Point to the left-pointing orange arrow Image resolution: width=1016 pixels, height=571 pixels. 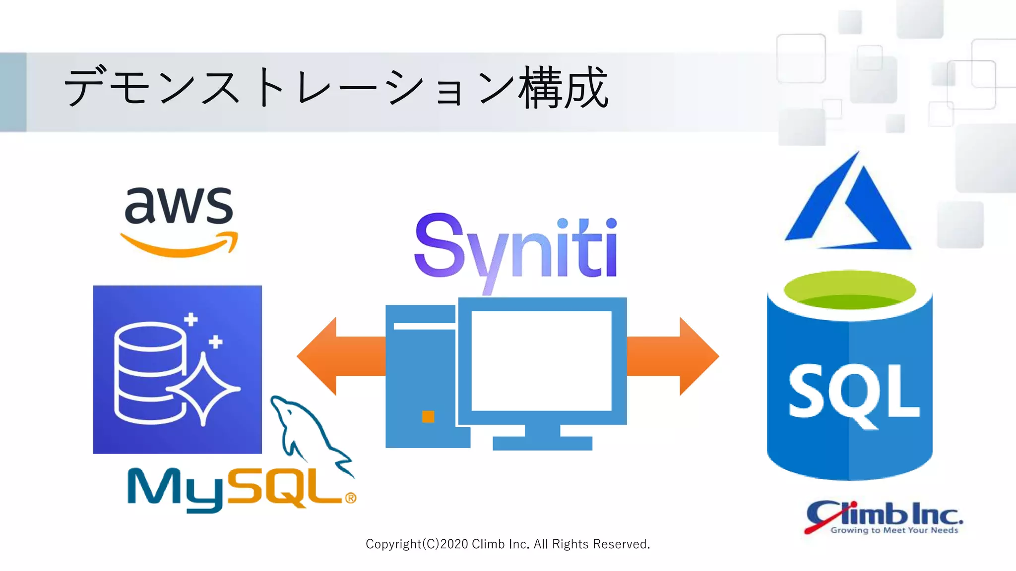tap(337, 356)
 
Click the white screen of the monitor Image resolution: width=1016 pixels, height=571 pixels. tap(541, 360)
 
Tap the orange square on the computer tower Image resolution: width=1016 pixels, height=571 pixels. tap(428, 416)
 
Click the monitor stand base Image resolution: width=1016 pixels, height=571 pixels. tap(542, 443)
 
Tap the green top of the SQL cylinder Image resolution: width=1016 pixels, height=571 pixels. tap(850, 290)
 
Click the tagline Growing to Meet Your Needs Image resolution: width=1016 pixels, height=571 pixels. tap(894, 530)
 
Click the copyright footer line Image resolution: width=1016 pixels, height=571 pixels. tap(508, 544)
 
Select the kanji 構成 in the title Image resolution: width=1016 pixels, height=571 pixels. tap(563, 88)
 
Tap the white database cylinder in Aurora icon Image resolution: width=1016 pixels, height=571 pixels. tap(149, 372)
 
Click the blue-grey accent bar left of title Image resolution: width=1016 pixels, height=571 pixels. tap(13, 92)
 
